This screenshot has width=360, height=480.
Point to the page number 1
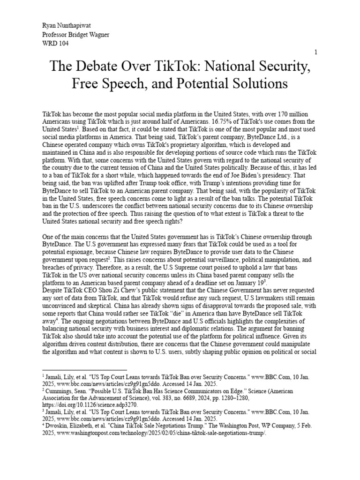point(316,52)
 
